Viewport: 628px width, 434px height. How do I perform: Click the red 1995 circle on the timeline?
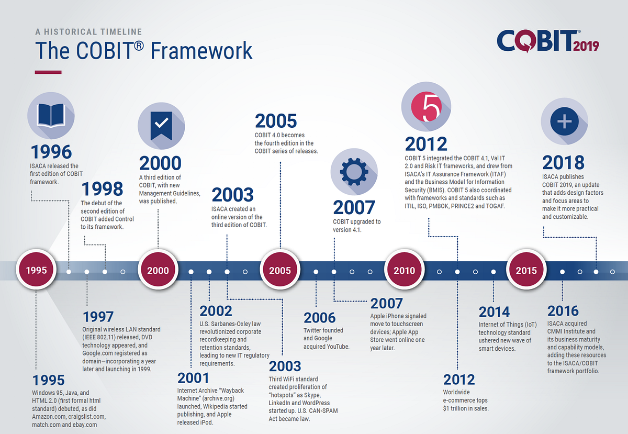(x=36, y=270)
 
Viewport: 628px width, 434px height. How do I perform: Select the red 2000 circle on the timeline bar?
(x=158, y=270)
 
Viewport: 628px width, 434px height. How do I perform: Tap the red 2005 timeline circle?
(x=280, y=270)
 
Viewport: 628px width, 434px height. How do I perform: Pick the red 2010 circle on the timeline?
(x=404, y=270)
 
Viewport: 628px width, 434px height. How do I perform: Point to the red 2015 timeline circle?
(x=526, y=270)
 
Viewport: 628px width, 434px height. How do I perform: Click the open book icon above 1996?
(x=51, y=116)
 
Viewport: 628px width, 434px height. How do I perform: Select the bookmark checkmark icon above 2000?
(x=161, y=126)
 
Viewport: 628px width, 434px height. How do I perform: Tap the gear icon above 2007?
(x=354, y=172)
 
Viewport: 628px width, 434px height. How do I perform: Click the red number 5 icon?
(x=426, y=107)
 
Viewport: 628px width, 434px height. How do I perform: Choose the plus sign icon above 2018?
(x=564, y=121)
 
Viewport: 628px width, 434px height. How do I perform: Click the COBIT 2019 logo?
(x=548, y=41)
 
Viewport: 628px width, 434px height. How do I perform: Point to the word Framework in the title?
(x=201, y=50)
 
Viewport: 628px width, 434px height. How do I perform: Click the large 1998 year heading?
(x=103, y=189)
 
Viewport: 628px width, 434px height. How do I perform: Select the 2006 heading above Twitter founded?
(x=319, y=318)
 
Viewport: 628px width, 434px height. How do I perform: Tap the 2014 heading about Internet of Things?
(x=494, y=312)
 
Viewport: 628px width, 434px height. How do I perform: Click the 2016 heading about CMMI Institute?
(x=563, y=311)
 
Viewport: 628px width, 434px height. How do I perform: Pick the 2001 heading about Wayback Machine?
(x=193, y=378)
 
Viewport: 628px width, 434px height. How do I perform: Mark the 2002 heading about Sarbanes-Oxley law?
(x=216, y=311)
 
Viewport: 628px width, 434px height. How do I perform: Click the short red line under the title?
(x=48, y=72)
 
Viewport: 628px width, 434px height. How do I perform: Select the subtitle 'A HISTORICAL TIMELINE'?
(x=88, y=32)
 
